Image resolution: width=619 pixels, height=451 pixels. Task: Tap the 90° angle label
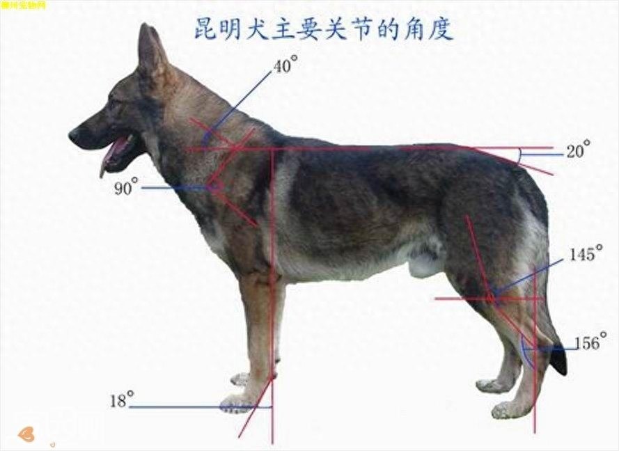click(x=126, y=188)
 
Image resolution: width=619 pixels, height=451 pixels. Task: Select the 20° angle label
click(x=577, y=150)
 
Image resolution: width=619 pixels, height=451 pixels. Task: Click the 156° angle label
click(x=590, y=343)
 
